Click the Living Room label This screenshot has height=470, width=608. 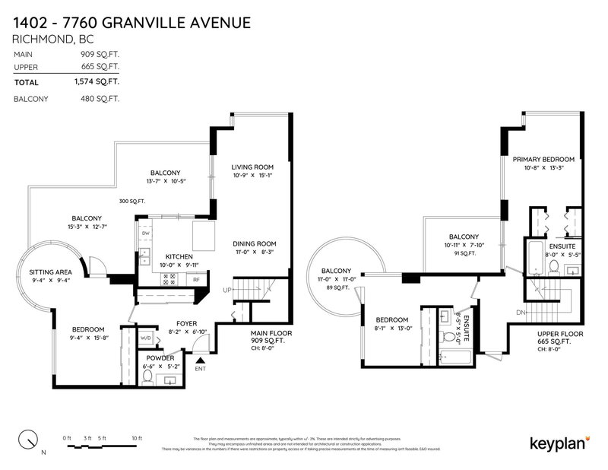click(252, 167)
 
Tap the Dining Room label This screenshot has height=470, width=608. click(252, 243)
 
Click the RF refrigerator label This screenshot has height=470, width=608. click(196, 280)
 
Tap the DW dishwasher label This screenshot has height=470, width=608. click(145, 233)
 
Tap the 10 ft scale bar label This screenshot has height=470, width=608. click(136, 437)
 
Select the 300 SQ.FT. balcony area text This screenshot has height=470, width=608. click(133, 202)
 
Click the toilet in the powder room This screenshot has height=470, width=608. click(147, 375)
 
